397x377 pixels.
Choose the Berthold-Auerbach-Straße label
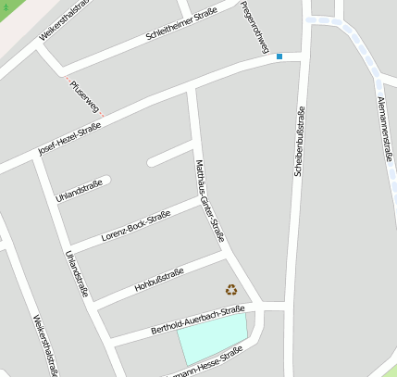pyautogui.click(x=197, y=320)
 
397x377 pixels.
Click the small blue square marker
pyautogui.click(x=279, y=57)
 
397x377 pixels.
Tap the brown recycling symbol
pyautogui.click(x=230, y=289)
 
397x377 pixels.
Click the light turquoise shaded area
pyautogui.click(x=213, y=337)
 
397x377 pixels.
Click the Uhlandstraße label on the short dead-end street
pyautogui.click(x=79, y=192)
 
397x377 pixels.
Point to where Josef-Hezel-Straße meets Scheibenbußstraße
pyautogui.click(x=300, y=57)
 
